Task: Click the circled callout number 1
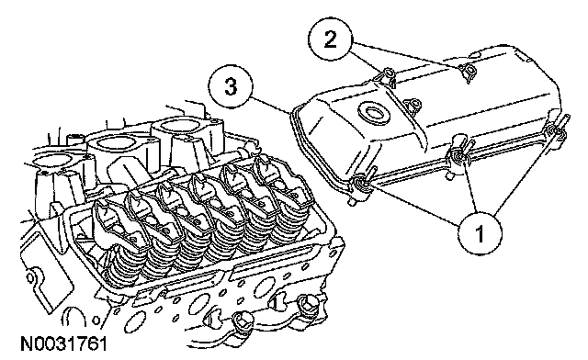[x=480, y=233]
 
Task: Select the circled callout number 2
[x=330, y=39]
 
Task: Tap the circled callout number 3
[x=231, y=86]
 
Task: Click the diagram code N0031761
[x=63, y=343]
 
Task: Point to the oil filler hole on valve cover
[x=374, y=113]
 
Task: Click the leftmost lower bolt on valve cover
[x=361, y=183]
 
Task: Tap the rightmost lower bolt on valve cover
[x=554, y=131]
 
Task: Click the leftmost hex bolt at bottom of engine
[x=241, y=320]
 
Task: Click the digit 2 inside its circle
[x=330, y=39]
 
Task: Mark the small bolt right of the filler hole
[x=414, y=104]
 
